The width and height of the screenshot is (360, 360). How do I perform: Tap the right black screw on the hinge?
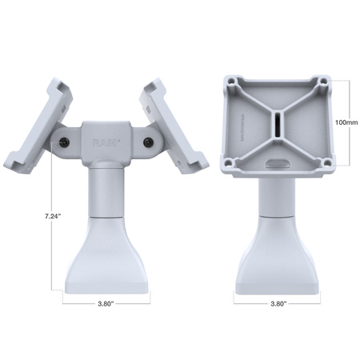148,142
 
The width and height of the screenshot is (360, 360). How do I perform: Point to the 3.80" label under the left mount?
106,303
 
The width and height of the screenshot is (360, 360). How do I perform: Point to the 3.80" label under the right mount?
278,303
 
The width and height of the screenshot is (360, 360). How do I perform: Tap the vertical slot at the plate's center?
277,125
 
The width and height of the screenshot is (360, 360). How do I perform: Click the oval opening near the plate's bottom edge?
277,162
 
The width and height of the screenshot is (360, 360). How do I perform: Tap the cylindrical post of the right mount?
278,196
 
